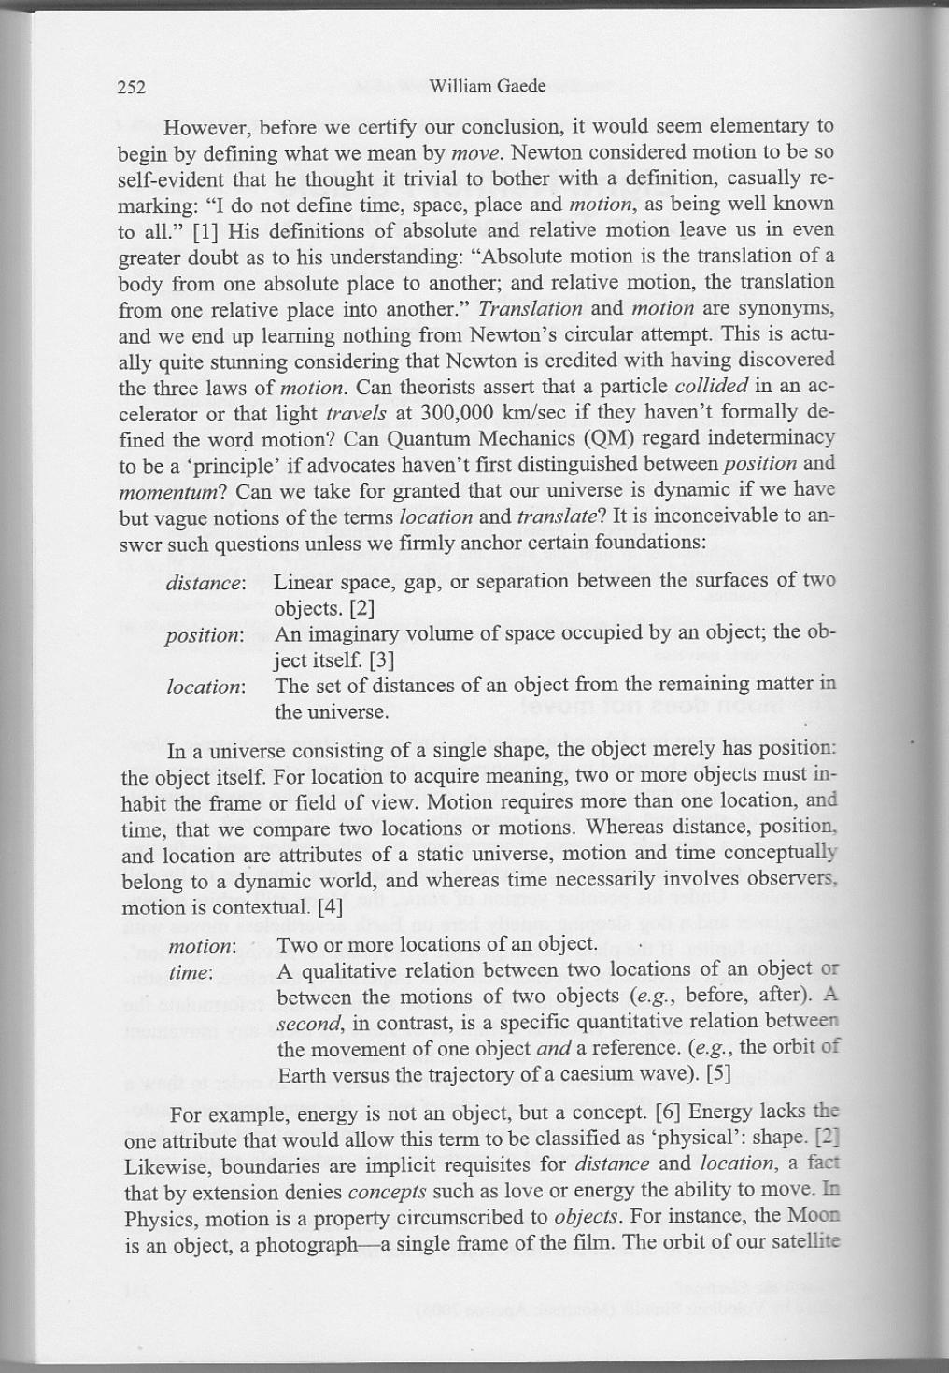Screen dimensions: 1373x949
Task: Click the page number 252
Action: (131, 88)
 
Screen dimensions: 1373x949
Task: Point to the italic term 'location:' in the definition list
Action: (205, 687)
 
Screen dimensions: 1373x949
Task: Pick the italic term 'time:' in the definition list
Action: (191, 971)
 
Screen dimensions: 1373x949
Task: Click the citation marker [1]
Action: (205, 230)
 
